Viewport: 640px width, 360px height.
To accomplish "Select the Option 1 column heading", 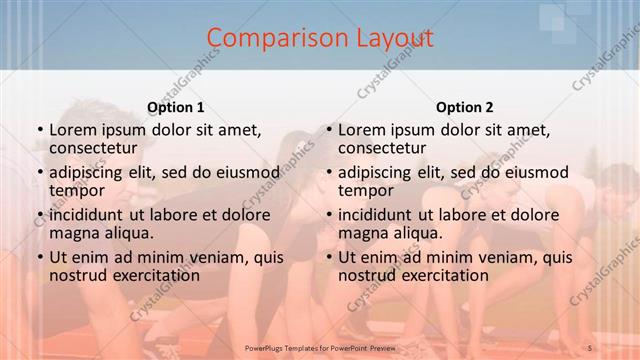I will (176, 107).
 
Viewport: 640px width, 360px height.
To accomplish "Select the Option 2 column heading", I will (465, 107).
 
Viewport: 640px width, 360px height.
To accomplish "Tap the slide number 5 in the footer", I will (590, 347).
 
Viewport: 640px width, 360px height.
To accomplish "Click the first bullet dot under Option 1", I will (38, 131).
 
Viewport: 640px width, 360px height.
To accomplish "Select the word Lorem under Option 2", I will (361, 130).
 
